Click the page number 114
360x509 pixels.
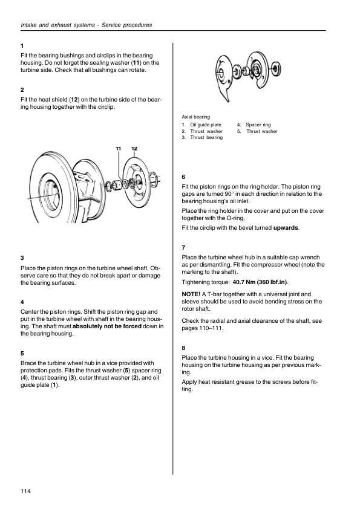pos(25,491)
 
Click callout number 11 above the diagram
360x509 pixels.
pos(118,149)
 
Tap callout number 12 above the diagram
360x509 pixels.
pos(134,149)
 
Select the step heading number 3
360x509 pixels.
pos(22,258)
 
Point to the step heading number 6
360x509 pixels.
pos(183,177)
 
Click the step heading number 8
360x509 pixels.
pos(183,348)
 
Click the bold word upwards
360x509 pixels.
pos(286,228)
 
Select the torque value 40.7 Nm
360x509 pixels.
pos(244,282)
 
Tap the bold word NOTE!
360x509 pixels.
pos(191,294)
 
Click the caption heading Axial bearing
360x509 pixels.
pos(195,117)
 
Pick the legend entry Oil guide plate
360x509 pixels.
pos(206,125)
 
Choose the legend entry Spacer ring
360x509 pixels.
pos(258,125)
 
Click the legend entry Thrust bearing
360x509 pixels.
pos(206,137)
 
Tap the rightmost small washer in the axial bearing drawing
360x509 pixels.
pos(276,68)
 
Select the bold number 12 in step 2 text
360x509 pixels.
pos(74,100)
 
